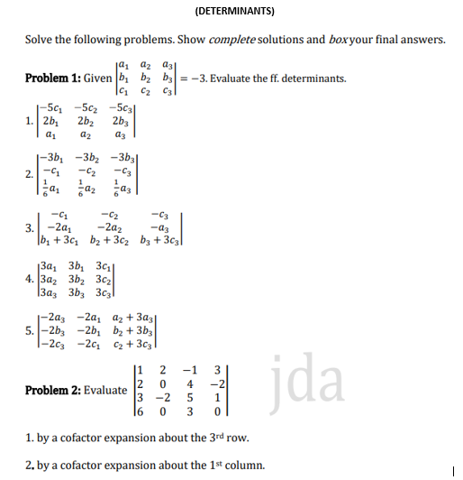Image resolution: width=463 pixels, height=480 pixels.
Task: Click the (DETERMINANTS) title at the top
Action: (234, 12)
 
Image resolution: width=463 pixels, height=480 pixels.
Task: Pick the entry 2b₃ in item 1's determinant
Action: (123, 122)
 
